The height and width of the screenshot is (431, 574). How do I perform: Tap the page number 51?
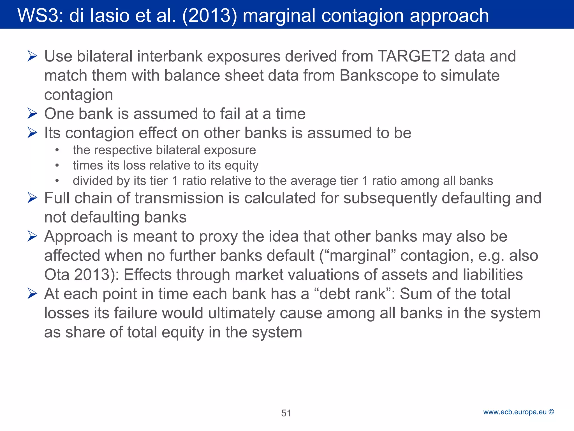pyautogui.click(x=286, y=413)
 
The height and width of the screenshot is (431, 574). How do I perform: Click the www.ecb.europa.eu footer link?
pyautogui.click(x=515, y=412)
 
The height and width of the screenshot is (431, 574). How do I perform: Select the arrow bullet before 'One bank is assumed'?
pyautogui.click(x=33, y=114)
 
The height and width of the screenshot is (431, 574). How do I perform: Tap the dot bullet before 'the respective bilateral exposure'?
pyautogui.click(x=57, y=150)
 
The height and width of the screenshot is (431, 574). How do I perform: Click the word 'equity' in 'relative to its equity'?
pyautogui.click(x=241, y=166)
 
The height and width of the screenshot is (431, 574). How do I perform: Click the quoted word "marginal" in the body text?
pyautogui.click(x=360, y=256)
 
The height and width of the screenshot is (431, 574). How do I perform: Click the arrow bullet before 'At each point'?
pyautogui.click(x=33, y=294)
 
